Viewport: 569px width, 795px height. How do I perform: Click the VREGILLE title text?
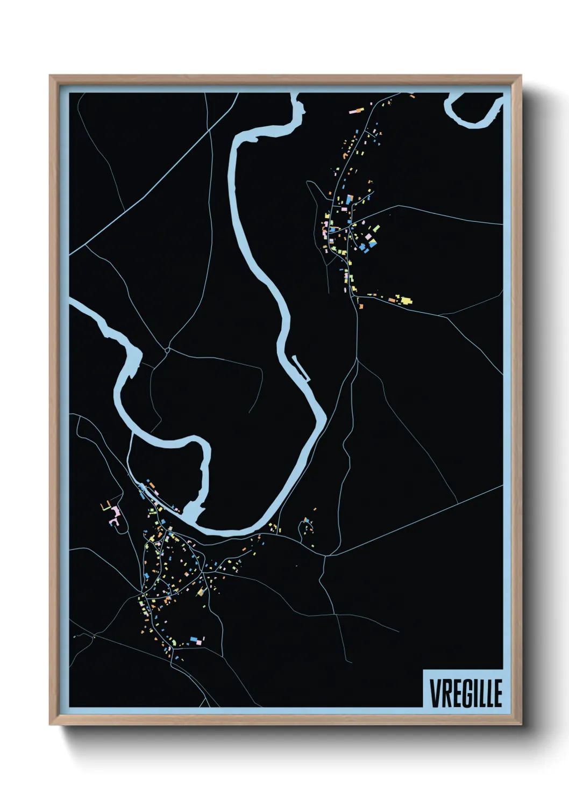[x=466, y=693]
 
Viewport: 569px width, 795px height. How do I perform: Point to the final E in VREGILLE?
[x=497, y=693]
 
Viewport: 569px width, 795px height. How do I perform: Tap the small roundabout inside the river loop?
[x=167, y=350]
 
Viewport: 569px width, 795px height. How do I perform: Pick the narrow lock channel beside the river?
[x=301, y=368]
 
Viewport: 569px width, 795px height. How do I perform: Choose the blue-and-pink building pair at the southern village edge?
[x=195, y=640]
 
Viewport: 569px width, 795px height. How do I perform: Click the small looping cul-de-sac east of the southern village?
[x=307, y=528]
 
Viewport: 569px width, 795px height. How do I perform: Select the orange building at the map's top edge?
[x=412, y=96]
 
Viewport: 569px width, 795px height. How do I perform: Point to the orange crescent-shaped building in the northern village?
[x=344, y=156]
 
